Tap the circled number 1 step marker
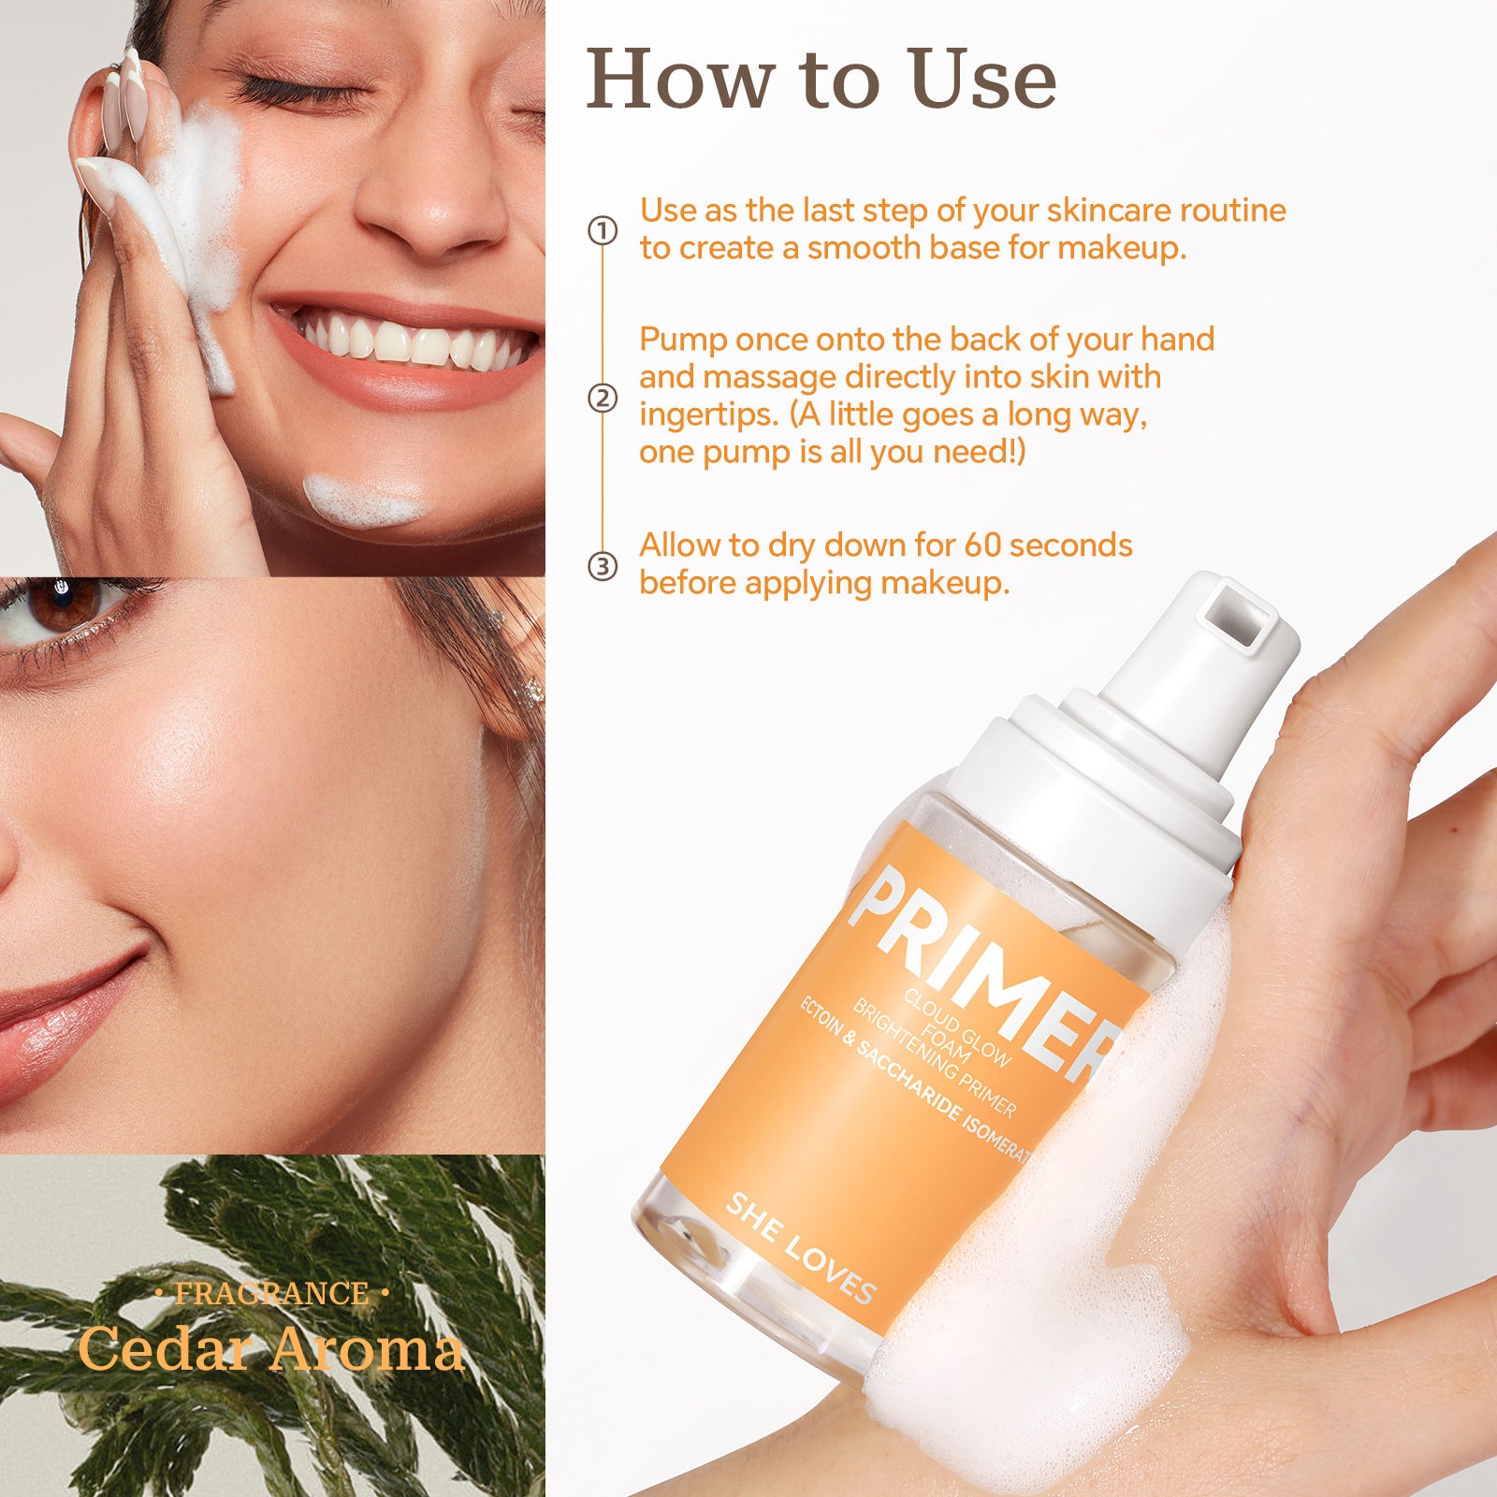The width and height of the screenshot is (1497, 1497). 603,230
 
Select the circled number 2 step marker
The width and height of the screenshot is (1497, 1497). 603,399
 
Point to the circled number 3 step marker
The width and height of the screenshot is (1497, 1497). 603,566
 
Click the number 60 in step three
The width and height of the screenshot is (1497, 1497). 982,545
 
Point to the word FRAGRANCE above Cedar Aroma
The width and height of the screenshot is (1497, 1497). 271,1293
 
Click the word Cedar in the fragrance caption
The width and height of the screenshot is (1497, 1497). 165,1350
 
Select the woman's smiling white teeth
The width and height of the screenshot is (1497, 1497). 412,341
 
